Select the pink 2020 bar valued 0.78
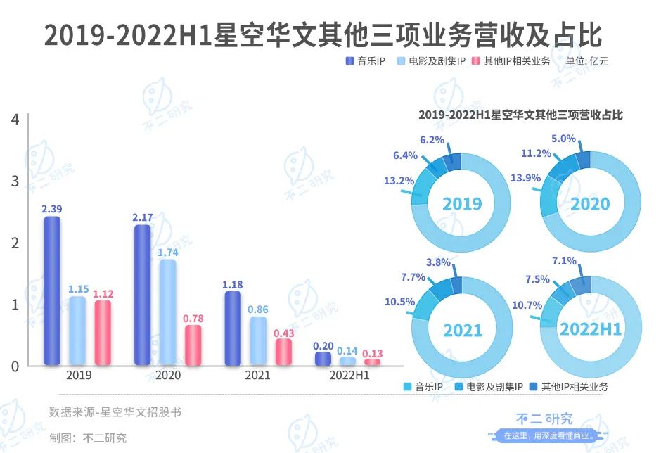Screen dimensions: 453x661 tap(193, 345)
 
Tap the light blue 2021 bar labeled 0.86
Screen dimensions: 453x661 tap(258, 341)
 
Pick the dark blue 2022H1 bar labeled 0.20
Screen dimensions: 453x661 tap(323, 359)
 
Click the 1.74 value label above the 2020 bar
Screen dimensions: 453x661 tap(167, 252)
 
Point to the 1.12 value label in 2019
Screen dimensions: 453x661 tap(103, 293)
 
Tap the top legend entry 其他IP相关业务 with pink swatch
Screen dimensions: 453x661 tap(511, 61)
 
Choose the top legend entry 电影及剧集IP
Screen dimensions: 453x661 tap(432, 61)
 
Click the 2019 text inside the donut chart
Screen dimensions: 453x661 tap(462, 204)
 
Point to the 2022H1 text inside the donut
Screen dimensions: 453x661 tap(591, 329)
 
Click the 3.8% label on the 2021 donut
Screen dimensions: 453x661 tap(437, 262)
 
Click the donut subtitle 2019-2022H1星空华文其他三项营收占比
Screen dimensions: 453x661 tap(520, 115)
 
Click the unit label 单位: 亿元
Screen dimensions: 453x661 tap(587, 61)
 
